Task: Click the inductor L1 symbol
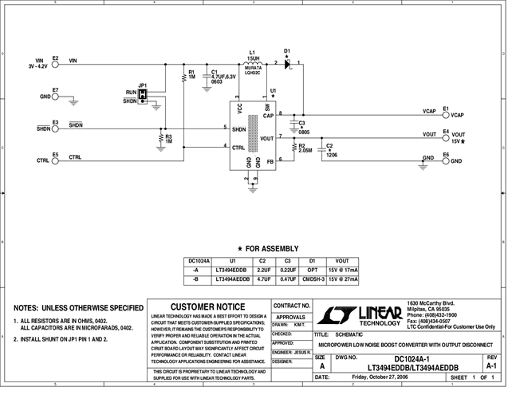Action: tap(252, 61)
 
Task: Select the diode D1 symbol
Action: tap(287, 62)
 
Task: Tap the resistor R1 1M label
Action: tap(191, 75)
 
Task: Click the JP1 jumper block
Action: tap(144, 95)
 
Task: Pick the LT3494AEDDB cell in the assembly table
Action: tap(232, 280)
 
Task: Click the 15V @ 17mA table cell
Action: tap(343, 271)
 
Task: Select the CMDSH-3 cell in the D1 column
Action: tap(312, 280)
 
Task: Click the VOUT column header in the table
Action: tap(343, 261)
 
